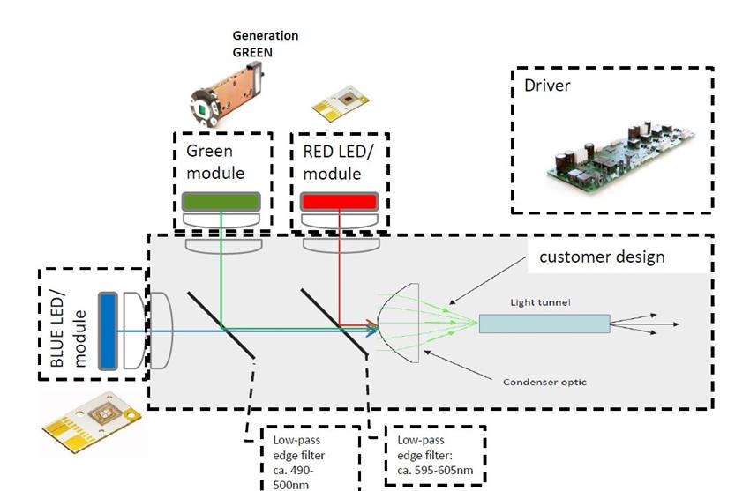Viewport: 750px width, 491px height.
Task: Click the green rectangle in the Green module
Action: click(221, 201)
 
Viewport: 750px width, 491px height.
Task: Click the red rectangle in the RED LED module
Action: click(339, 201)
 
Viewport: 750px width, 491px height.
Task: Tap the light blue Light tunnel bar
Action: click(544, 324)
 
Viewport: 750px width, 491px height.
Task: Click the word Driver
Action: click(547, 86)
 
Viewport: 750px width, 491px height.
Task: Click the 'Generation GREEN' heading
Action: click(265, 43)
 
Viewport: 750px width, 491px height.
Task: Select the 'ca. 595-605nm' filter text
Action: click(435, 470)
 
